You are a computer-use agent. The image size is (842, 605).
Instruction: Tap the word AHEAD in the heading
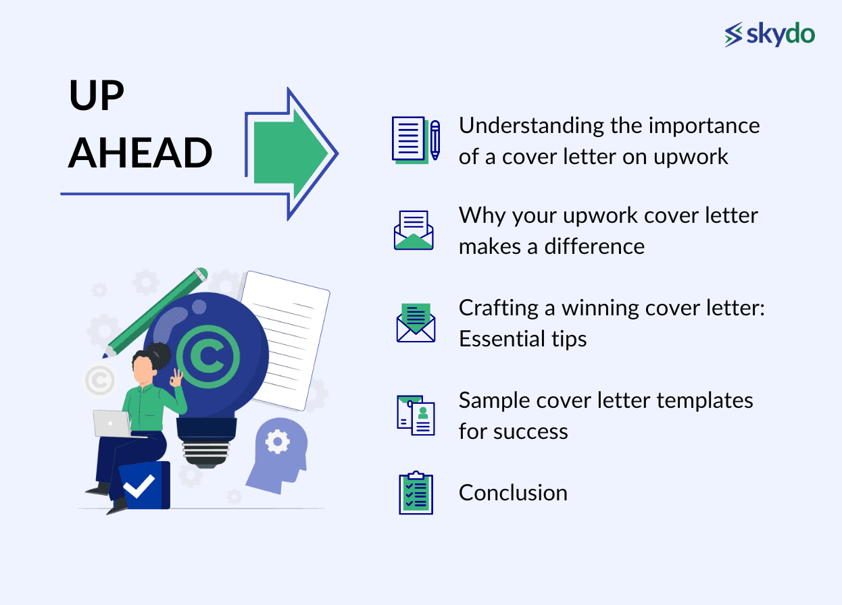pyautogui.click(x=141, y=153)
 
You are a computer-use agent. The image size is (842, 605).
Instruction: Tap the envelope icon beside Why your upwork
pyautogui.click(x=414, y=230)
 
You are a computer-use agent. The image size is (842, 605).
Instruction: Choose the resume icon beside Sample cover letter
pyautogui.click(x=416, y=415)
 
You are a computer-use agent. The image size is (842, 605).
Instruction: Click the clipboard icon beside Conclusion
pyautogui.click(x=416, y=493)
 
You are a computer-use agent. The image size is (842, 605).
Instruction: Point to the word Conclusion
pyautogui.click(x=513, y=493)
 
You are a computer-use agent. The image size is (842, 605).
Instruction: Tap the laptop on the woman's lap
pyautogui.click(x=112, y=423)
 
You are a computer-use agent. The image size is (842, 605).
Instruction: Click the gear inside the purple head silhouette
pyautogui.click(x=277, y=442)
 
